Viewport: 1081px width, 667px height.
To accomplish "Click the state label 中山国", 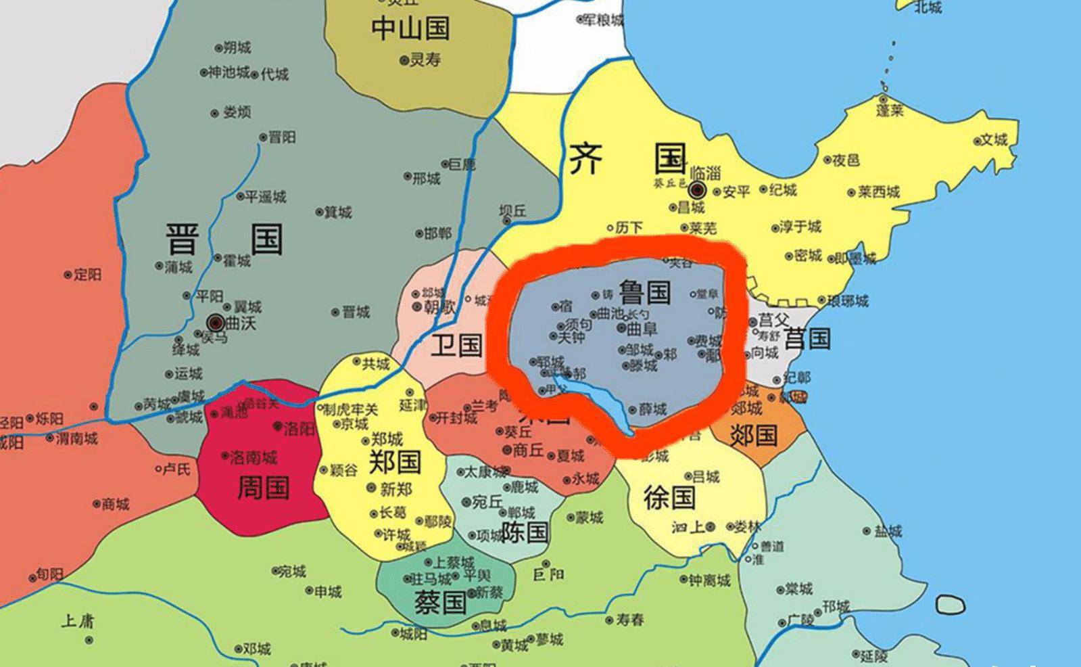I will point(410,28).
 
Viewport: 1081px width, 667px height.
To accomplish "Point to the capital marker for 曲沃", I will point(216,322).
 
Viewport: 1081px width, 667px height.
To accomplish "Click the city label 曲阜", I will point(642,329).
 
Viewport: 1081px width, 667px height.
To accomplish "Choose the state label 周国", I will point(263,487).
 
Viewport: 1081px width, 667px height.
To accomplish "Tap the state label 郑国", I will point(395,462).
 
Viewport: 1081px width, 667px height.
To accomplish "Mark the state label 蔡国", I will point(440,601).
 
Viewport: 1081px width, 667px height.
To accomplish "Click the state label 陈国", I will point(525,532).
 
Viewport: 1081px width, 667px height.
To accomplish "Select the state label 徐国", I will point(669,498).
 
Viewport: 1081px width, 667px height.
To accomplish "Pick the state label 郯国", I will point(754,435).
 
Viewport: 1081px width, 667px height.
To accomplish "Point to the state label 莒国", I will point(809,338).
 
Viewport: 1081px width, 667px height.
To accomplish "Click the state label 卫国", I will point(457,344).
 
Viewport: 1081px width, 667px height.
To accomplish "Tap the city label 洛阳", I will point(299,428).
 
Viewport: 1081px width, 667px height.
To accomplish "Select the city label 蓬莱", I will point(890,110).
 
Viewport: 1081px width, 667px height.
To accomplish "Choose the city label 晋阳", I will point(282,137).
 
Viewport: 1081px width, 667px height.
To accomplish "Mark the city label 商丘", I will point(528,450).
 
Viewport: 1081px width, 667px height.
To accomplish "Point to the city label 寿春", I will point(629,619).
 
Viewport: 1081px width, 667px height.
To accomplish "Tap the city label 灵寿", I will point(425,60).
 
